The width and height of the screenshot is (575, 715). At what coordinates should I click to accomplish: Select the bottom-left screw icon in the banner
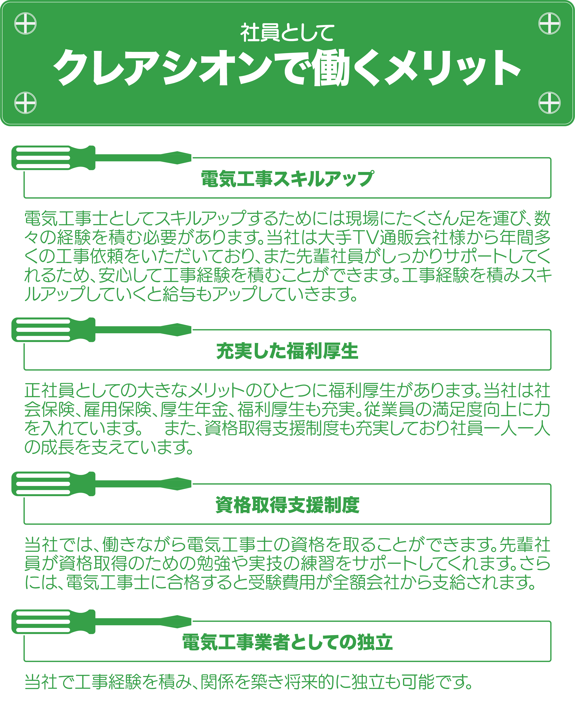click(25, 103)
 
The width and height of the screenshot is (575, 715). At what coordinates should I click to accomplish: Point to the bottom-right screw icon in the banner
click(550, 103)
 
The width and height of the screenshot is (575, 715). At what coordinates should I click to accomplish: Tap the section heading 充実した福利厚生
click(287, 351)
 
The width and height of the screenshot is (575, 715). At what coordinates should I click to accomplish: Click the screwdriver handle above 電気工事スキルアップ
click(53, 158)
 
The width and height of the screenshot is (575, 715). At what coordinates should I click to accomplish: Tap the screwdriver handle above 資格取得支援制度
click(53, 484)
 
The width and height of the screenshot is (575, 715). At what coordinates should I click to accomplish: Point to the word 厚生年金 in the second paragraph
click(194, 410)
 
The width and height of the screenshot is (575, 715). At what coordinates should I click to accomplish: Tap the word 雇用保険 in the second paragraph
click(118, 410)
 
